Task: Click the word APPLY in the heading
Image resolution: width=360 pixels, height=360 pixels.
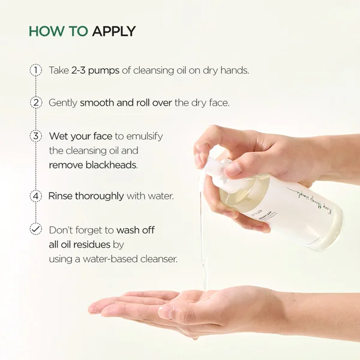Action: point(114,31)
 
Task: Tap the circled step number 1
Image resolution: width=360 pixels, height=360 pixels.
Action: point(36,70)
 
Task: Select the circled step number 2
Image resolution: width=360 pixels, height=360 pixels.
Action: point(36,103)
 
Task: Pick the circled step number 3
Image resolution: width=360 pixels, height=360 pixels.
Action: point(36,136)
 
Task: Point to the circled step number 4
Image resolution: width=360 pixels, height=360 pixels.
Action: point(36,196)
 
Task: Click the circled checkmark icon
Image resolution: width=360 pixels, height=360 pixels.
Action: point(36,229)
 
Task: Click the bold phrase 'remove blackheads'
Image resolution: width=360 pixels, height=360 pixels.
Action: point(93,164)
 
